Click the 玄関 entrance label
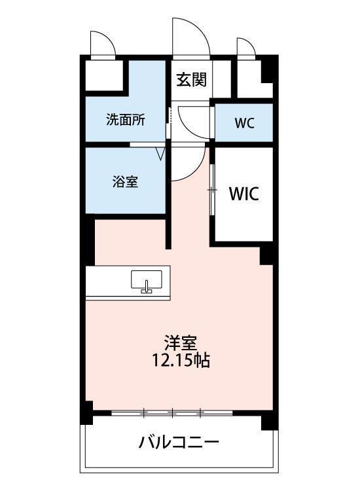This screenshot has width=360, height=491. coord(192,79)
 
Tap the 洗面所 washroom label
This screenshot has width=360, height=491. coord(126,119)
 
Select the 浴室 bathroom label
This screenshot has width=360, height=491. coord(125,181)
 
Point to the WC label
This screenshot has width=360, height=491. coord(245,123)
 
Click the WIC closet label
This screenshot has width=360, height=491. coord(244,194)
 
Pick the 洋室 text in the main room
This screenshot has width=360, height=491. coord(181,343)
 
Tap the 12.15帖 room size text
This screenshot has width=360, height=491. coord(181,360)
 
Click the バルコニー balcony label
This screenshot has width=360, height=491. coord(179,443)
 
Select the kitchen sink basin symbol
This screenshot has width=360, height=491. coord(147,280)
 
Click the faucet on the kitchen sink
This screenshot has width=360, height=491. coord(146,287)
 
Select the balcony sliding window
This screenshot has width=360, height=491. coord(172,413)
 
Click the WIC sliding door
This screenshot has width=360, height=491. coord(213,190)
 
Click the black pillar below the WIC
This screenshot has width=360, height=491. coord(266,255)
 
